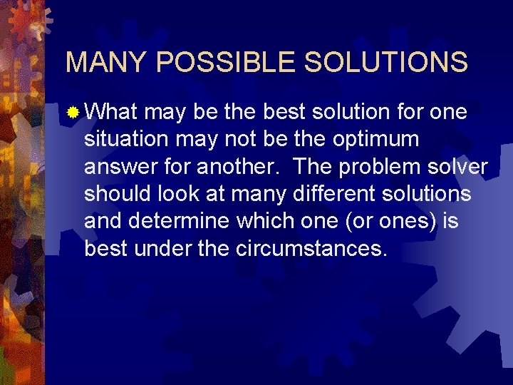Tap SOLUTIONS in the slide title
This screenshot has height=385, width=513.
386,63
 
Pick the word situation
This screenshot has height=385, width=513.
122,139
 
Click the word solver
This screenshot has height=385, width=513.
460,167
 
